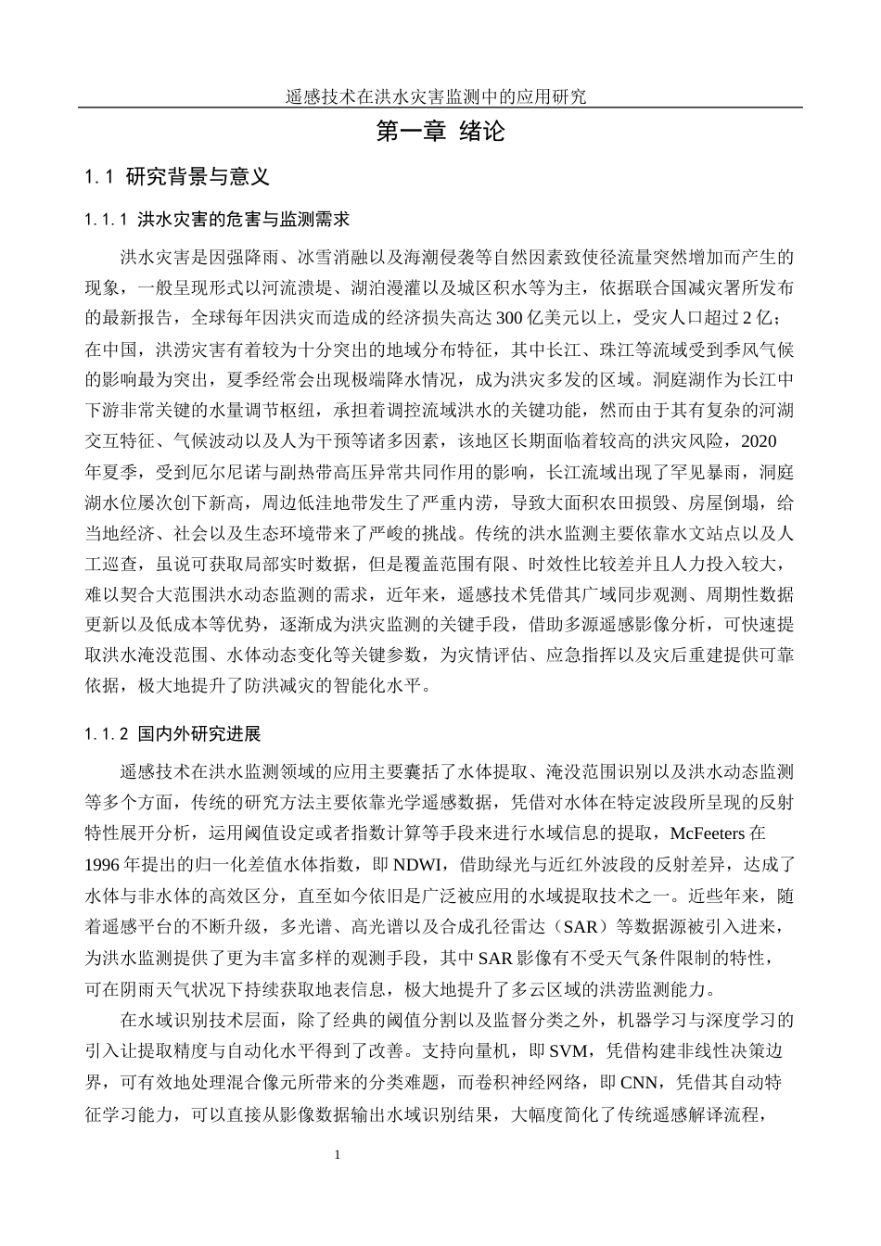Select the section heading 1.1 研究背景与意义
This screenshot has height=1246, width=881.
(x=176, y=176)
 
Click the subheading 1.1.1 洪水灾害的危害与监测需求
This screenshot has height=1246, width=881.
(x=216, y=221)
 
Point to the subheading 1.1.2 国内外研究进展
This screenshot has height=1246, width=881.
(x=172, y=734)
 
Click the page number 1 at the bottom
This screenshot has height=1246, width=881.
(x=338, y=1155)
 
